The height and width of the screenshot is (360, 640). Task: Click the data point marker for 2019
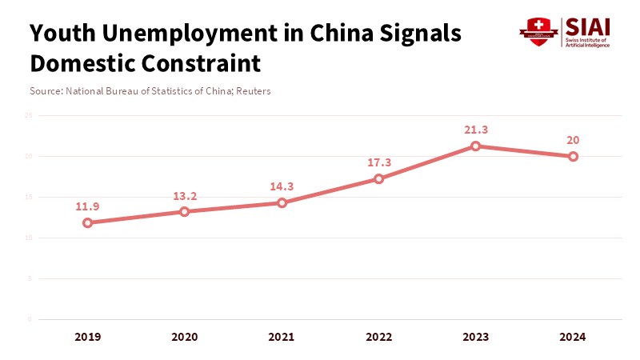[87, 222]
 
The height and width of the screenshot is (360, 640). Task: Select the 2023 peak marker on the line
[476, 146]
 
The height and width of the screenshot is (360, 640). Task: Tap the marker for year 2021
[282, 202]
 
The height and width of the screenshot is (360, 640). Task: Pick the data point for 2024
[574, 156]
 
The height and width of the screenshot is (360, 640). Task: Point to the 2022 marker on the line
[379, 178]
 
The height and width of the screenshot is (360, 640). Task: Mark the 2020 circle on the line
[185, 211]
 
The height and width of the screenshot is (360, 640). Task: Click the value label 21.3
[476, 130]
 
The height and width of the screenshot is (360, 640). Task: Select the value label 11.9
[87, 206]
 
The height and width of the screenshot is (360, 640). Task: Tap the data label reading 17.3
[379, 162]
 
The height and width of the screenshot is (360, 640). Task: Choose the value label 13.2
[185, 195]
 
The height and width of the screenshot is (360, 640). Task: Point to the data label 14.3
[282, 186]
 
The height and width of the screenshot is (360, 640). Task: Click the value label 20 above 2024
[574, 140]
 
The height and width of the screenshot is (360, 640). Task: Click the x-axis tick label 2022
[379, 337]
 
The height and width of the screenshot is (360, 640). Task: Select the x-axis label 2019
[87, 337]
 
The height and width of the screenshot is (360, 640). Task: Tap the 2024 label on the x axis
[574, 337]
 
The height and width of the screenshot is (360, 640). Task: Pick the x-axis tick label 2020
[185, 337]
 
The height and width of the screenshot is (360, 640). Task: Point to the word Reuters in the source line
[252, 91]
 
